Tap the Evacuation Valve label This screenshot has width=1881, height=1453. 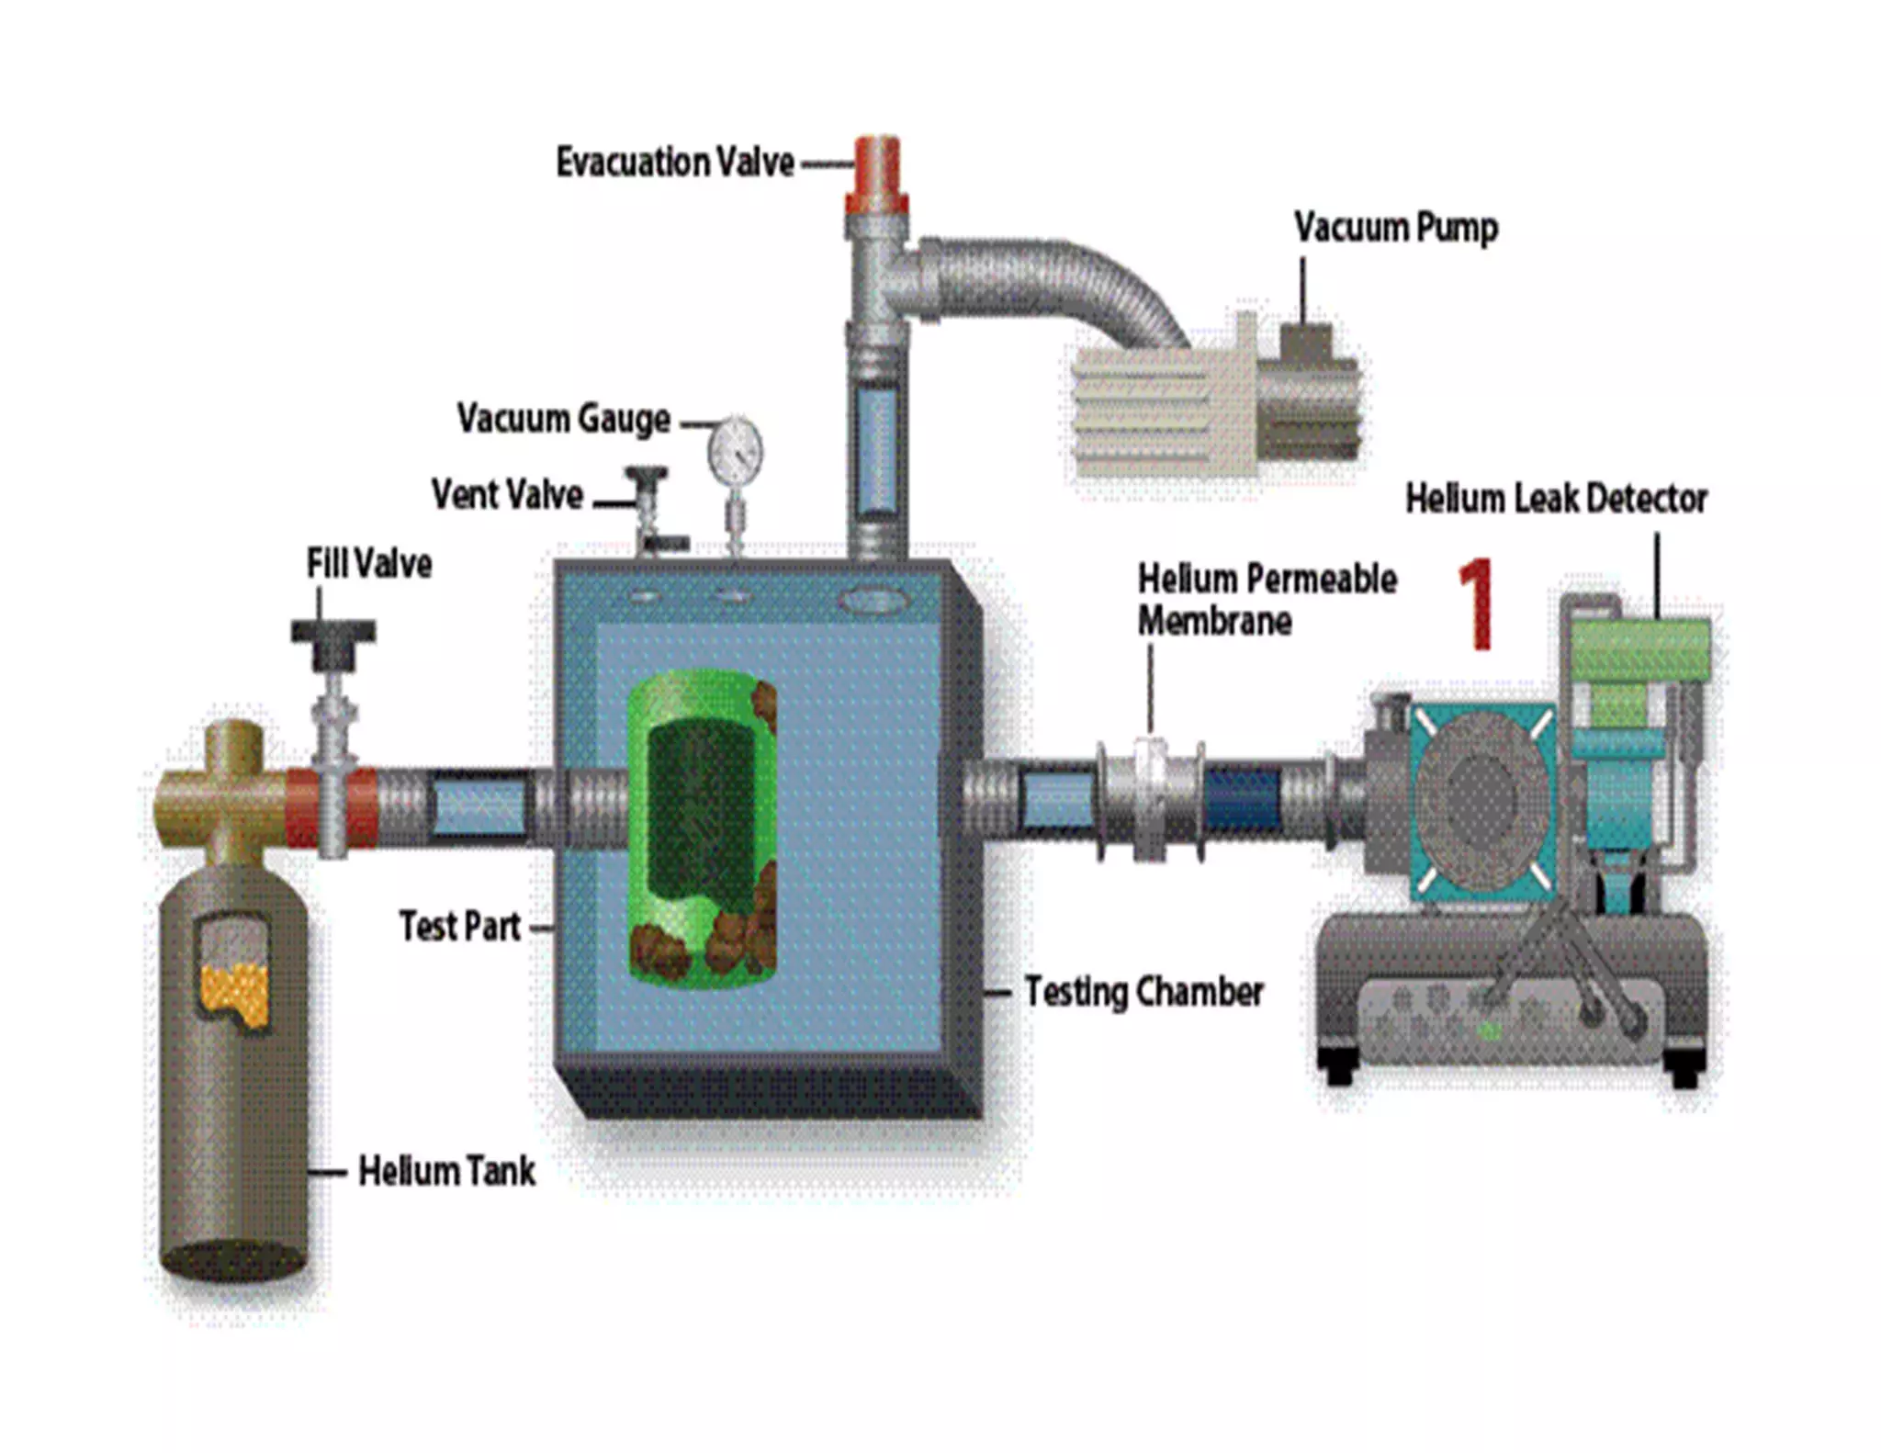[675, 163]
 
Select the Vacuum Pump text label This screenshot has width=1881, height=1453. [1396, 227]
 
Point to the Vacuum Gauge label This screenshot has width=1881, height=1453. [564, 419]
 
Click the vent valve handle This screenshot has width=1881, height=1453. [646, 479]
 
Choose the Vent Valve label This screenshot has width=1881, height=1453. [507, 495]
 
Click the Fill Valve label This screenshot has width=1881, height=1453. [369, 564]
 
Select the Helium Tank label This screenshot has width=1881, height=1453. [446, 1171]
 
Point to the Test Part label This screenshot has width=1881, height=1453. [460, 926]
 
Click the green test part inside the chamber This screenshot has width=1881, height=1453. [703, 827]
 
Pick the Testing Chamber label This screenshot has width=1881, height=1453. [1143, 992]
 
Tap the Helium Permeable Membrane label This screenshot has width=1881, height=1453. [1267, 600]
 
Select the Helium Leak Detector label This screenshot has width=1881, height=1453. [1556, 499]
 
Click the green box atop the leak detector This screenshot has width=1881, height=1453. [1640, 648]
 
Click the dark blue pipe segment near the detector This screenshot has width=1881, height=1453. [1242, 800]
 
